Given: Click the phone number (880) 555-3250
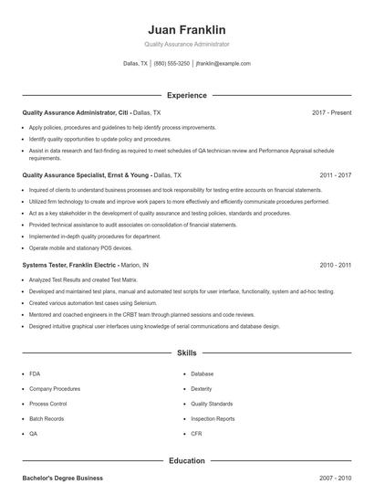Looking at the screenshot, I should point(171,64).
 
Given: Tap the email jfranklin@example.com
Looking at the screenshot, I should point(223,64).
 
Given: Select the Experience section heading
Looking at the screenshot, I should point(186,95).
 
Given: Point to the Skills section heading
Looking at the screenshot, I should point(186,352).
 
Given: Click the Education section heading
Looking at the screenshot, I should point(186,461).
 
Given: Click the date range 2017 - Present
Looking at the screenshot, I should point(331,112).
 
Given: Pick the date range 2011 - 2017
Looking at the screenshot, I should point(335,174).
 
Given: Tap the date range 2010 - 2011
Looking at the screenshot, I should point(335,265).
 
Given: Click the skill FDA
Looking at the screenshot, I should point(34,374).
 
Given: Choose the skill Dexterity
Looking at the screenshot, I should point(202,388).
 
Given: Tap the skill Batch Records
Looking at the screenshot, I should point(47,418).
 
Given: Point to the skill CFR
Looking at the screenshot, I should point(196,434).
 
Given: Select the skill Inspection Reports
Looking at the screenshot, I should point(213,418).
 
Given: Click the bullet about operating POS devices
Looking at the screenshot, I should point(80,247).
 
